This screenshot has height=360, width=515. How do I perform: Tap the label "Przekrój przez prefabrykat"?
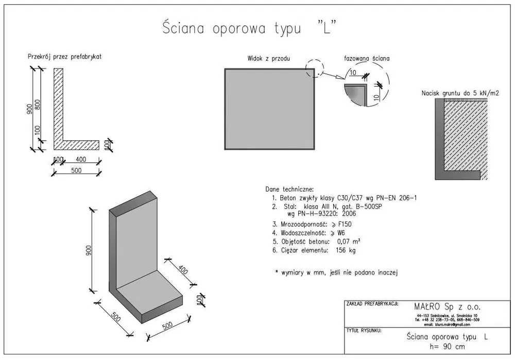(x=64, y=57)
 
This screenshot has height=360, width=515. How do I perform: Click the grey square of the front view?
(x=269, y=109)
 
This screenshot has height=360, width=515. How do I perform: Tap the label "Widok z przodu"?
(x=269, y=59)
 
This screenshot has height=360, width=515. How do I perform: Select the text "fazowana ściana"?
(x=367, y=59)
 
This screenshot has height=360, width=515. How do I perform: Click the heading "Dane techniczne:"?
(x=289, y=189)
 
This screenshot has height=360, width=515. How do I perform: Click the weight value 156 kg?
(x=346, y=250)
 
